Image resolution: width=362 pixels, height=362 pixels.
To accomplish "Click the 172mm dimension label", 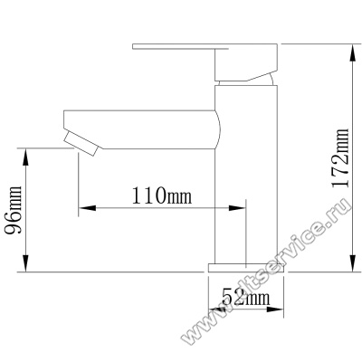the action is [341, 158].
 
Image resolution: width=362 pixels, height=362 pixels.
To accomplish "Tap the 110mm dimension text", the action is [162, 195].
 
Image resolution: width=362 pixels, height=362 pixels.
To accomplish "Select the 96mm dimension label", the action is [13, 210].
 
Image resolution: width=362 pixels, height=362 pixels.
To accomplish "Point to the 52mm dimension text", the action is [245, 297].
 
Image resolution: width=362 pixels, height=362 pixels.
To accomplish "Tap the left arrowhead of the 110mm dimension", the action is [88, 208].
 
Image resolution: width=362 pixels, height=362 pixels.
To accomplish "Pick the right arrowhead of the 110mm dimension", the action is [237, 208].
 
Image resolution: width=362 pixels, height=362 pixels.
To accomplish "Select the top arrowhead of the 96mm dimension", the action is [26, 157].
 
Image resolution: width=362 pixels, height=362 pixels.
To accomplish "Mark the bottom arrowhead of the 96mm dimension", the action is [26, 263].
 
